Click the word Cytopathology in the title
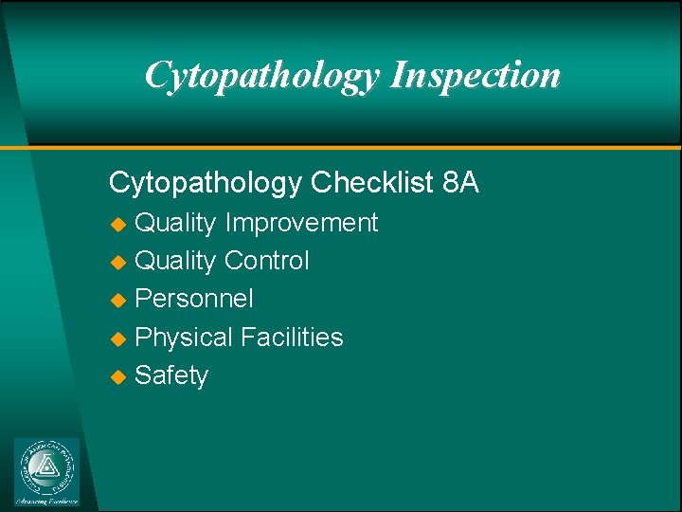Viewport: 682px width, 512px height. pos(262,75)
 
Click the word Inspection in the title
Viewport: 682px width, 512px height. pos(476,75)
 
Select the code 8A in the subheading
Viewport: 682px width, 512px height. pos(460,182)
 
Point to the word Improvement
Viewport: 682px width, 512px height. pos(301,223)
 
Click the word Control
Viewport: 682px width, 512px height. pos(267,261)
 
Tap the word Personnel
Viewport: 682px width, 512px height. pos(194,299)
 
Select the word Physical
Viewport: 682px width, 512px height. pos(184,338)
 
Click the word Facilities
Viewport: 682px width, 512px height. pos(292,338)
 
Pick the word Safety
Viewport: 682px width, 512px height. pos(171,375)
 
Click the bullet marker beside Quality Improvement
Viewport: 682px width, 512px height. pos(118,225)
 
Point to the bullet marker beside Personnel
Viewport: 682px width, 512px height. pos(118,301)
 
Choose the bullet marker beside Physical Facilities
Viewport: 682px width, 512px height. pos(118,338)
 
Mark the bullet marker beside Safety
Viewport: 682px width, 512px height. pos(118,376)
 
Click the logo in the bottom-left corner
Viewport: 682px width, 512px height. pos(47,471)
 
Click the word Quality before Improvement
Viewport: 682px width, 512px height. pos(175,223)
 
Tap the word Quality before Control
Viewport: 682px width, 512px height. pos(175,261)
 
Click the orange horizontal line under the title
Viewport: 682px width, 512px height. pos(379,148)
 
